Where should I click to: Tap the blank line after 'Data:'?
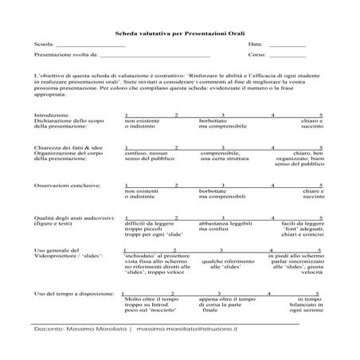286,46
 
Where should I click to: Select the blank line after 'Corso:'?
288,57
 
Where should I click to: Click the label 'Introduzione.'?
52,115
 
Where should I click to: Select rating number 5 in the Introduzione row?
320,115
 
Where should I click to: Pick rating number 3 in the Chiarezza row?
222,148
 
